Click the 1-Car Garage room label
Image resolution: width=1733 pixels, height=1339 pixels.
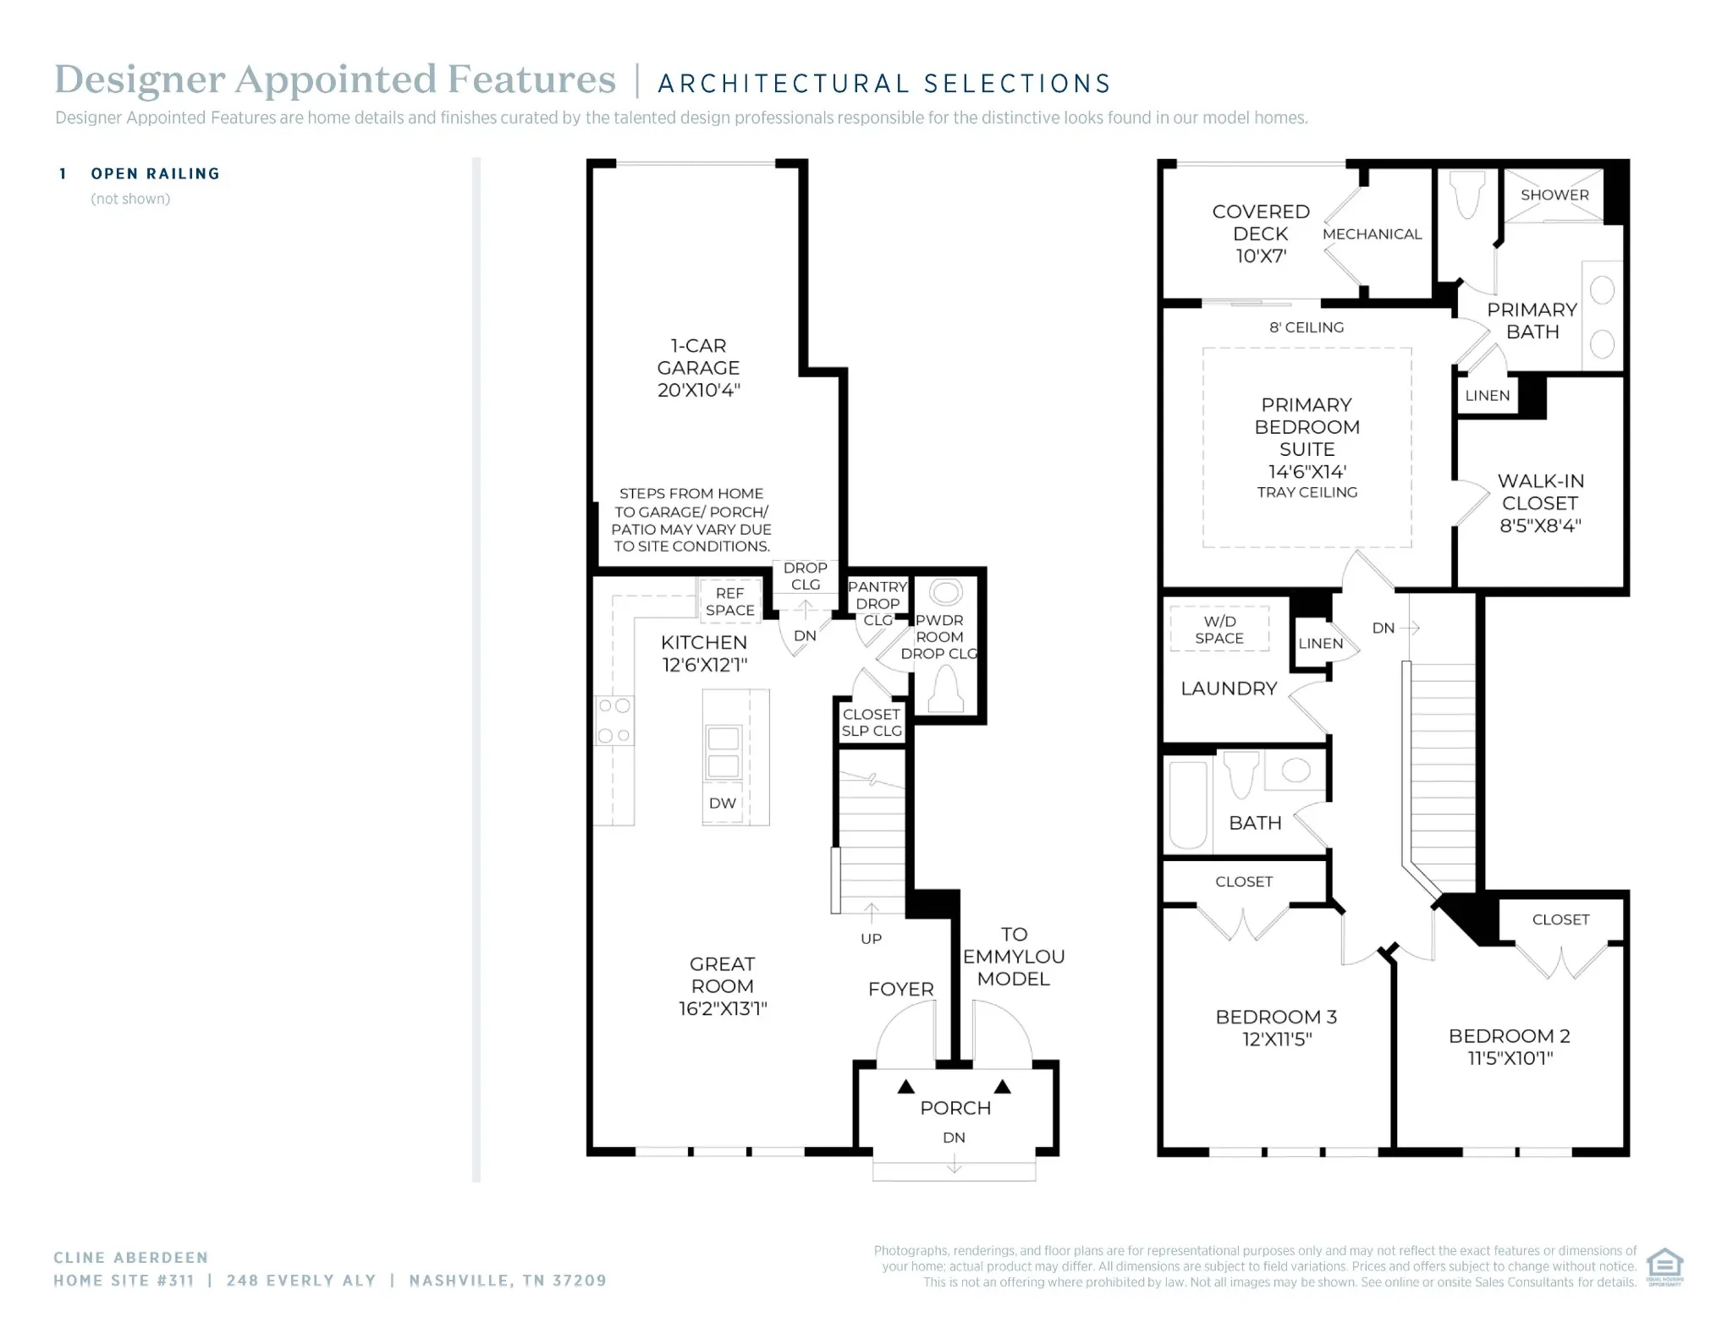(698, 368)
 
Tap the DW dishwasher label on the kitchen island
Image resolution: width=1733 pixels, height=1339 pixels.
(722, 803)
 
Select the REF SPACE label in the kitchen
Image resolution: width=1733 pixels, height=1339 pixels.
(729, 601)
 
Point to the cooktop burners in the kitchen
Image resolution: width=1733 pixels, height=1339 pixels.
(614, 721)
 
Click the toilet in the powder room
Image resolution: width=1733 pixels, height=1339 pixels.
(945, 689)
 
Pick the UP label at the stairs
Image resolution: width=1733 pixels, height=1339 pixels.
(871, 938)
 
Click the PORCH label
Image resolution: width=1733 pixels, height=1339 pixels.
(955, 1107)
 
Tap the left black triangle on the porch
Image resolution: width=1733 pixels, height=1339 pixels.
(906, 1086)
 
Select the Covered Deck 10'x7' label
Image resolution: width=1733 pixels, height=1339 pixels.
(1261, 233)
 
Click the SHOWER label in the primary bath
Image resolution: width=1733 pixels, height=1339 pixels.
(1554, 195)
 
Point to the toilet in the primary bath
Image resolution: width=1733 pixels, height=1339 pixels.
(1467, 196)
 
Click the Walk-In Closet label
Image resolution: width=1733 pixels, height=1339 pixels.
(1540, 502)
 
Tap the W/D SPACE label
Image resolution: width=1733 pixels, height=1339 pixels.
(1219, 629)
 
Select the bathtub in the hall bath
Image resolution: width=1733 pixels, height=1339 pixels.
(1188, 804)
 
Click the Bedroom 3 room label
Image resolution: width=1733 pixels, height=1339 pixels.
(1276, 1027)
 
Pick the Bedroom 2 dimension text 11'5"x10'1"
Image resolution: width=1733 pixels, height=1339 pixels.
(1510, 1057)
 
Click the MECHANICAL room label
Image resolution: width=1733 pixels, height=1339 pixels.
(1372, 234)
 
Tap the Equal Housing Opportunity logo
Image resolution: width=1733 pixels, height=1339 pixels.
(1664, 1266)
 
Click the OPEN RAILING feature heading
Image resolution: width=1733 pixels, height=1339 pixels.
(156, 173)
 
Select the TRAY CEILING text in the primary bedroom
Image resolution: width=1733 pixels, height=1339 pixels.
(1307, 492)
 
